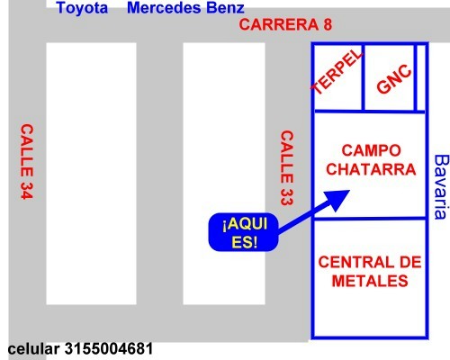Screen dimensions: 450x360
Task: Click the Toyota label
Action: [x=82, y=8]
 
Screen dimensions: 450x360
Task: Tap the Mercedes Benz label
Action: [x=185, y=8]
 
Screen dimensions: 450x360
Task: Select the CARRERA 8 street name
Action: [x=285, y=24]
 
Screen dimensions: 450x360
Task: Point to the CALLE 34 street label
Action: [x=27, y=161]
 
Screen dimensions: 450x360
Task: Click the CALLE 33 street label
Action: [x=286, y=167]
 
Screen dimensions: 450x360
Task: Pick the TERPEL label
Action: [x=337, y=71]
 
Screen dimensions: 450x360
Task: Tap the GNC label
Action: [x=394, y=79]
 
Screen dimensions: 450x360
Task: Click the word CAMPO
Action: [x=371, y=150]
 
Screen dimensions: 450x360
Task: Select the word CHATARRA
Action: [x=371, y=169]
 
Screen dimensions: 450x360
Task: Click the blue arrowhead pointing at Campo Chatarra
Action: [x=337, y=200]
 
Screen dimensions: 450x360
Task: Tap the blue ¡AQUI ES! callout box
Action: [x=243, y=232]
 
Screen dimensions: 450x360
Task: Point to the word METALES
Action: [x=370, y=281]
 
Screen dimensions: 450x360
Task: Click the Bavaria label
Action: [x=441, y=186]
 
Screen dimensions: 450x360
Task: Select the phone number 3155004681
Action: [x=109, y=348]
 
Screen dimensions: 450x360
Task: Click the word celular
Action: [x=33, y=349]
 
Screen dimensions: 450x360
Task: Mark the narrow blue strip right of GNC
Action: [x=421, y=77]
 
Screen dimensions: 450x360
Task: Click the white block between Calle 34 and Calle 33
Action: [x=91, y=174]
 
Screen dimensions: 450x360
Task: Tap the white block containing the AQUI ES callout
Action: [x=224, y=174]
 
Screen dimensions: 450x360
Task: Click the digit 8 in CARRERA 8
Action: [x=328, y=24]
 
